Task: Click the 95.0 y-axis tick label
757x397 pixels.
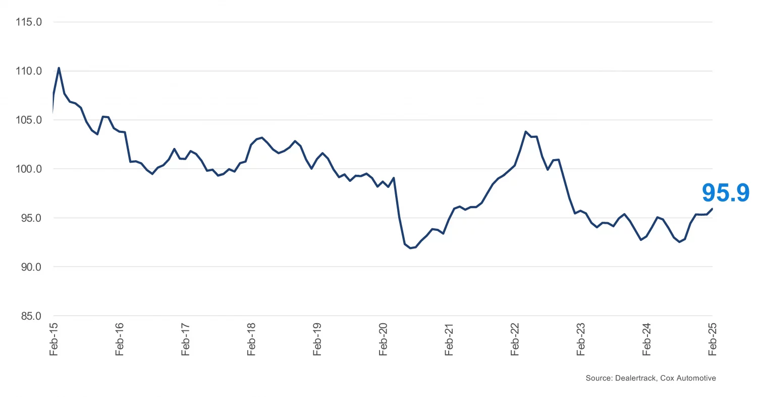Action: click(28, 218)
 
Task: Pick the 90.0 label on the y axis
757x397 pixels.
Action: click(28, 267)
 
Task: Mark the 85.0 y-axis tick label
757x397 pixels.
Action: click(28, 316)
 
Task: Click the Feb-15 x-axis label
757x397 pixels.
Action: click(53, 339)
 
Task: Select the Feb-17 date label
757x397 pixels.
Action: click(185, 339)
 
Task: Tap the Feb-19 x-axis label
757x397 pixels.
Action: click(317, 339)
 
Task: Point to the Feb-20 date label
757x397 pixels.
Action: click(383, 339)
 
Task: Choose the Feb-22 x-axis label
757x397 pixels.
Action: click(515, 339)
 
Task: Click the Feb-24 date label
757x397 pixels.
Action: click(646, 339)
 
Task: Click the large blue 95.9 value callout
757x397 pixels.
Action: click(726, 193)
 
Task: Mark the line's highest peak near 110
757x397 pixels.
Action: click(59, 68)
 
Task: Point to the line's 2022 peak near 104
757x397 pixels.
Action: click(525, 131)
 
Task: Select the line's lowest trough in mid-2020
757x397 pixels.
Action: click(410, 248)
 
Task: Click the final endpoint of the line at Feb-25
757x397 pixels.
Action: click(712, 209)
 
